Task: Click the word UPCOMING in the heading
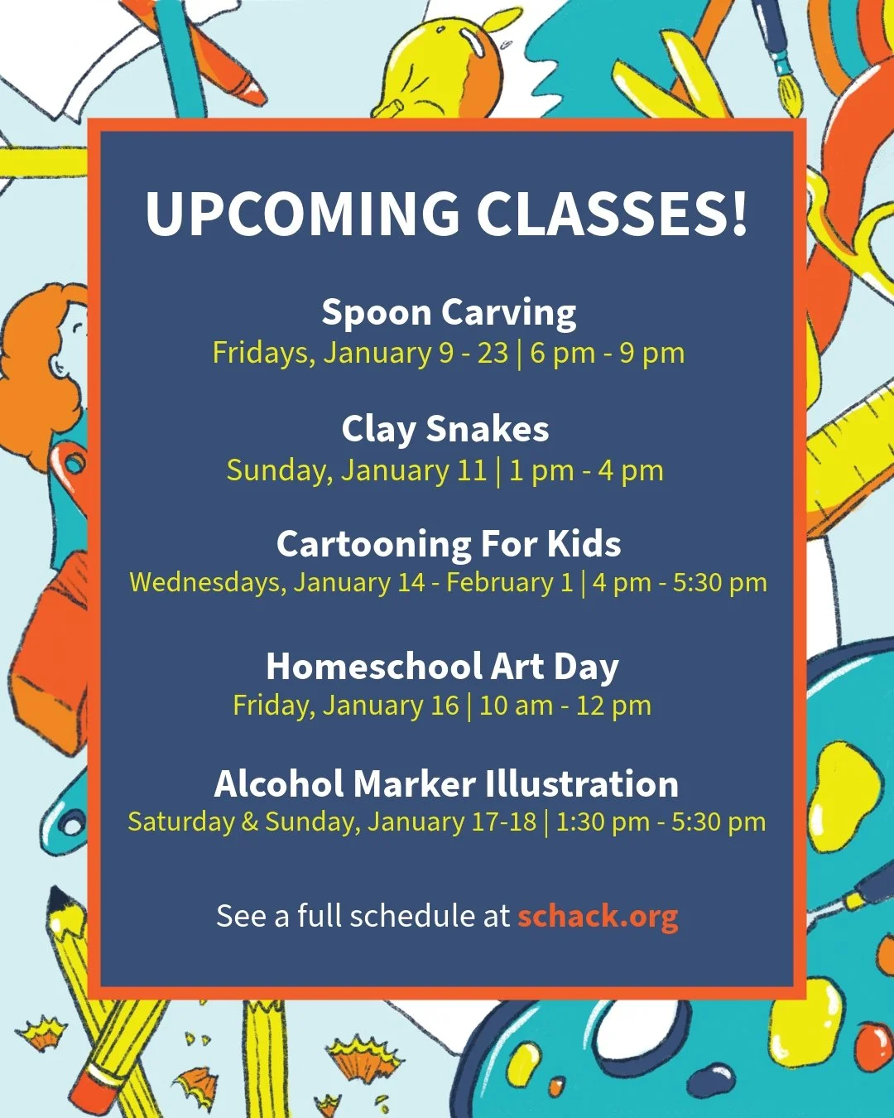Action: tap(302, 214)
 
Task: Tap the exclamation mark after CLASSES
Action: tap(738, 214)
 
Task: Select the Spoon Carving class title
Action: tap(449, 313)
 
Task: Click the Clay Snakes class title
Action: tap(445, 429)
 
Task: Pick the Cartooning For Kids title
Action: tap(449, 544)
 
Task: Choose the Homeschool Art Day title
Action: tap(442, 667)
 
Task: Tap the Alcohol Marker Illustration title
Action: tap(446, 783)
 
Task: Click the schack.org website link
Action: tap(598, 916)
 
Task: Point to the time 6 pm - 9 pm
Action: tap(608, 354)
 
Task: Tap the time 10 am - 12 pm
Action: tap(565, 706)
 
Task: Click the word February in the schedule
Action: tap(500, 582)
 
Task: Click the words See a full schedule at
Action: tap(363, 916)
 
